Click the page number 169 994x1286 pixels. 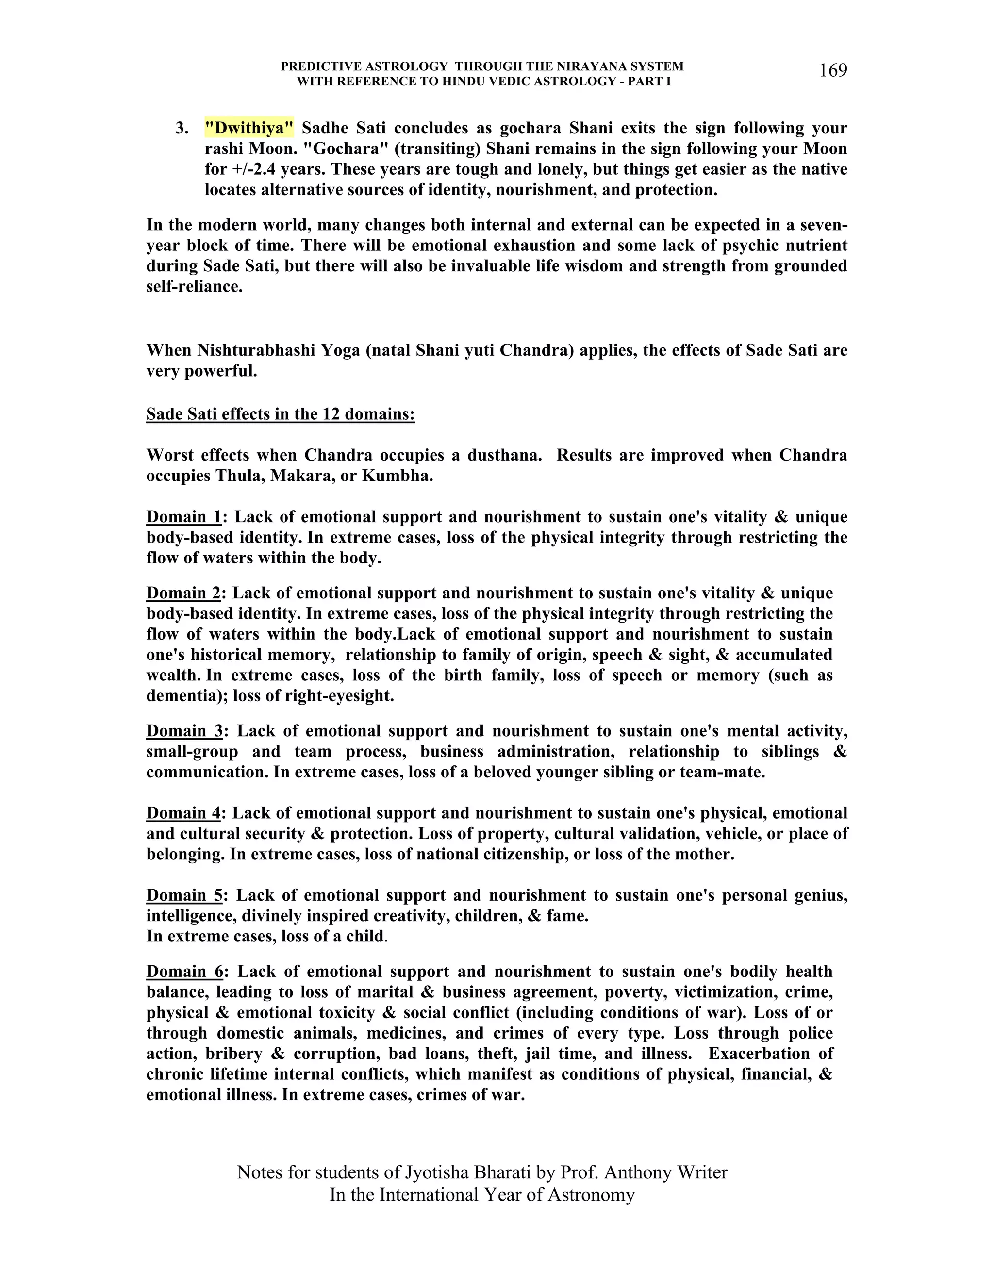tap(833, 71)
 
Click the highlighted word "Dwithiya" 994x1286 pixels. tap(249, 128)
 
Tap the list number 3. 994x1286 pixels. tap(182, 128)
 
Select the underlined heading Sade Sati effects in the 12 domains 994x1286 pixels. tap(281, 414)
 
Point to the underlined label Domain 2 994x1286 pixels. tap(183, 593)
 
